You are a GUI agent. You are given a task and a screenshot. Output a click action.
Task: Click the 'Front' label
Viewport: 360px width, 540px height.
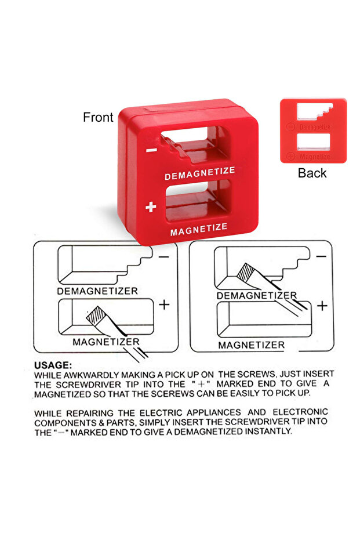(x=98, y=117)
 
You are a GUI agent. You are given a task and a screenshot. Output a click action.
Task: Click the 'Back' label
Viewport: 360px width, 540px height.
(x=312, y=173)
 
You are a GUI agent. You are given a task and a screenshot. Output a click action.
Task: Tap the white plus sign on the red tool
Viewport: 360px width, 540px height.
(x=151, y=206)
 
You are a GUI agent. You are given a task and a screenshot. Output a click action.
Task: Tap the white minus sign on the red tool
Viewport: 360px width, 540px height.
(x=151, y=150)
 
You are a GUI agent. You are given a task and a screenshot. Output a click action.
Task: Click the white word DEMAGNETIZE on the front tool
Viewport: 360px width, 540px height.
(x=199, y=173)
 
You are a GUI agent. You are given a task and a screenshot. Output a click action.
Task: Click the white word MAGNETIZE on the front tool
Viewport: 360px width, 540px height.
(x=199, y=230)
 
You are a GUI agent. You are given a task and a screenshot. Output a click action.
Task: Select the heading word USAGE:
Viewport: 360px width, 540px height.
(x=53, y=365)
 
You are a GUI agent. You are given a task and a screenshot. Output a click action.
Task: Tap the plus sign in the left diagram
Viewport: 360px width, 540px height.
(x=164, y=305)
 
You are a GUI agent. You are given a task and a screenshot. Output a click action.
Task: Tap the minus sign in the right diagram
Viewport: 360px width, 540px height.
(x=321, y=256)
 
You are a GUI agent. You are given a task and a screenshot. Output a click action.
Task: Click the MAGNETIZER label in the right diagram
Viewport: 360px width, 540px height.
(x=252, y=345)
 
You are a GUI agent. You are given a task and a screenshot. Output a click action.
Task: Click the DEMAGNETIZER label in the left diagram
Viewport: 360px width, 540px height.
(x=97, y=291)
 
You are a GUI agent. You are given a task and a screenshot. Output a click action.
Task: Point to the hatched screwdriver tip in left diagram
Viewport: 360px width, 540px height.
(x=96, y=315)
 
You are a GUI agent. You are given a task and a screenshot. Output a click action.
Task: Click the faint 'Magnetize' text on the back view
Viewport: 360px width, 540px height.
(x=315, y=157)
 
